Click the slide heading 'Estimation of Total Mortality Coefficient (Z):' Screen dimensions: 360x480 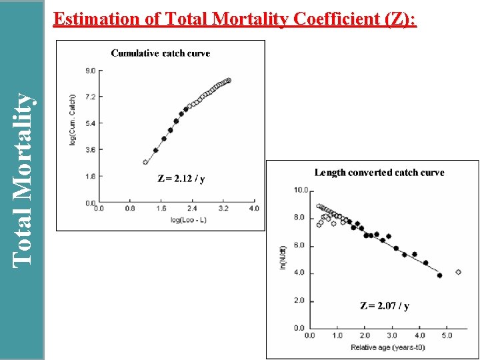point(235,19)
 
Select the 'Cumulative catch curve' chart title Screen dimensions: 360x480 point(160,53)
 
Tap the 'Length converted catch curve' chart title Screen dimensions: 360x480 point(379,173)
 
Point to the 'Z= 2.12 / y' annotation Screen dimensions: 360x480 point(181,179)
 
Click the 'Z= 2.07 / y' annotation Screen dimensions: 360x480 point(385,306)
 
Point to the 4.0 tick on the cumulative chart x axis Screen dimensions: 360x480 point(254,209)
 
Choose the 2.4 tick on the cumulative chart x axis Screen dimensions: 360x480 point(192,209)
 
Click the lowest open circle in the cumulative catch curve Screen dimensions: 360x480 point(145,162)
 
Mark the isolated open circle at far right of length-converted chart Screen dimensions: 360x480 point(458,272)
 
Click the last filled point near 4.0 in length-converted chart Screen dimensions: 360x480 point(439,275)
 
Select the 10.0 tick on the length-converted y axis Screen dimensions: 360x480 point(300,191)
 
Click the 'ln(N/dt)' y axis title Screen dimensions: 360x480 point(283,259)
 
